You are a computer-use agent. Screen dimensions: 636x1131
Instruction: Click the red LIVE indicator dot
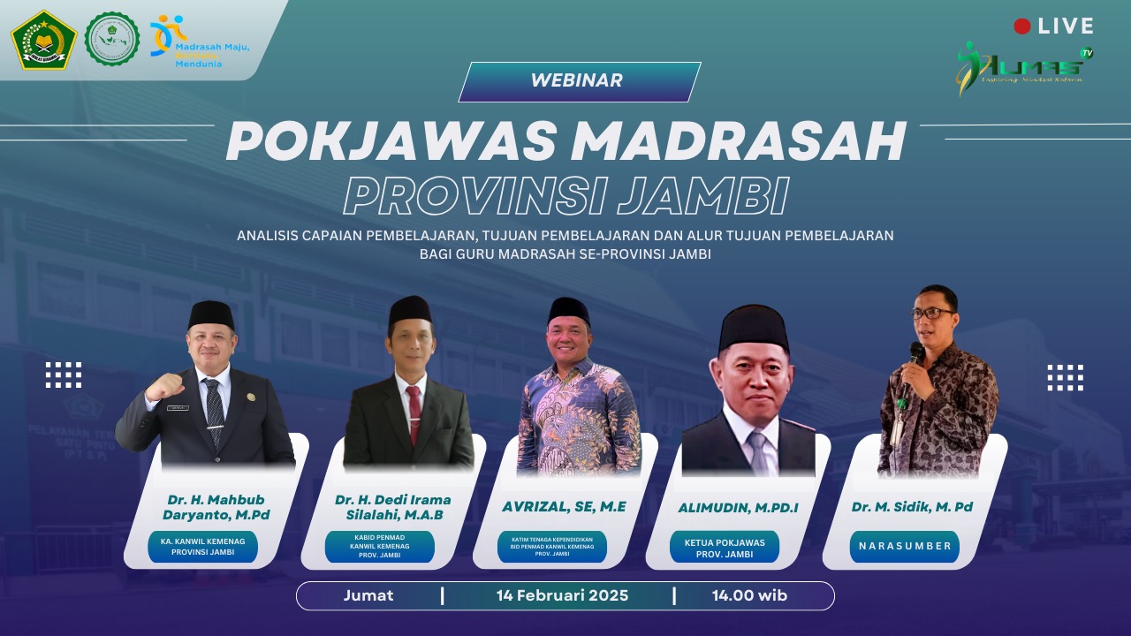click(x=1022, y=26)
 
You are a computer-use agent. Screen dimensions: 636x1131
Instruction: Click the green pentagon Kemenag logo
click(x=43, y=40)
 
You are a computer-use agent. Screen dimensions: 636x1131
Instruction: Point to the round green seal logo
click(x=112, y=39)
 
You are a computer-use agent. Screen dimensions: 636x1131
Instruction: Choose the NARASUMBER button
click(x=905, y=546)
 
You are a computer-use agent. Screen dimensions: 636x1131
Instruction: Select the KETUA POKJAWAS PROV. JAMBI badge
click(x=725, y=548)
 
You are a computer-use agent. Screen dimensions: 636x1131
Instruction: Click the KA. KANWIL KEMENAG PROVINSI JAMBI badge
click(x=202, y=546)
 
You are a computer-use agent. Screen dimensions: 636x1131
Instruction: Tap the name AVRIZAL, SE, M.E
click(x=564, y=507)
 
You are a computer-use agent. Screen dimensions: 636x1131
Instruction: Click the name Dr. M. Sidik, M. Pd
click(x=912, y=506)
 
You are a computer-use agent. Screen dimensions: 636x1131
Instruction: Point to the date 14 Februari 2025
click(x=562, y=595)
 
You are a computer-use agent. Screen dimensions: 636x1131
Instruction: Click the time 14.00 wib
click(x=749, y=595)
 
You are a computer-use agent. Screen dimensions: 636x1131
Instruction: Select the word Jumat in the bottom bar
click(x=368, y=595)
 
